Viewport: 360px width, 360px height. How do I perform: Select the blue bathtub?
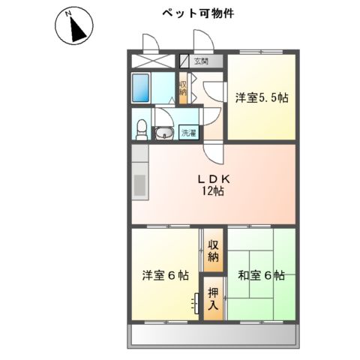143,88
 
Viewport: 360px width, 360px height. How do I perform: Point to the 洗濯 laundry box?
188,133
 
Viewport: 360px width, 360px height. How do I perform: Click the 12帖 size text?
212,191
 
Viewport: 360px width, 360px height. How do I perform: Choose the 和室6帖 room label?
261,276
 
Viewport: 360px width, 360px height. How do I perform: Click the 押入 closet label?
213,298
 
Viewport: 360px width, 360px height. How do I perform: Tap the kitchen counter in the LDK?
139,179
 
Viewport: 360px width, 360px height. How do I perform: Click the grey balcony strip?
214,334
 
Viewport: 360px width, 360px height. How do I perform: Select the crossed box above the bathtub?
153,62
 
